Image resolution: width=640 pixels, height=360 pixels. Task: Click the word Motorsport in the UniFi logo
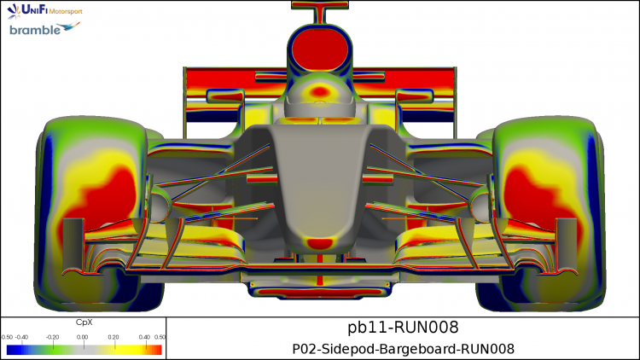click(x=66, y=11)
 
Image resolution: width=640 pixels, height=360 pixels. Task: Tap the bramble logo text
click(x=35, y=30)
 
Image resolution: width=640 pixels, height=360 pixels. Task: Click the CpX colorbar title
click(x=84, y=322)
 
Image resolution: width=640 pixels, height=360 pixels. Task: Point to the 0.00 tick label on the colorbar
click(x=83, y=337)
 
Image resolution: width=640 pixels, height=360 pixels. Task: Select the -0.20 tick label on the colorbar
click(x=52, y=337)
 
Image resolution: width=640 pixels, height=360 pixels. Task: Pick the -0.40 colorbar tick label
click(x=21, y=337)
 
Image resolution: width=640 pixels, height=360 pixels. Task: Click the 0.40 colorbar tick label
click(x=144, y=337)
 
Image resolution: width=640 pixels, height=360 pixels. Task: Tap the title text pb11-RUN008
click(x=403, y=328)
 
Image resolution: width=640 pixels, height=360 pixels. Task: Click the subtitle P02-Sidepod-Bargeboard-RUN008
click(x=403, y=350)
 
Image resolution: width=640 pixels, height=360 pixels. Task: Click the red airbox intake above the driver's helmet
click(x=320, y=48)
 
